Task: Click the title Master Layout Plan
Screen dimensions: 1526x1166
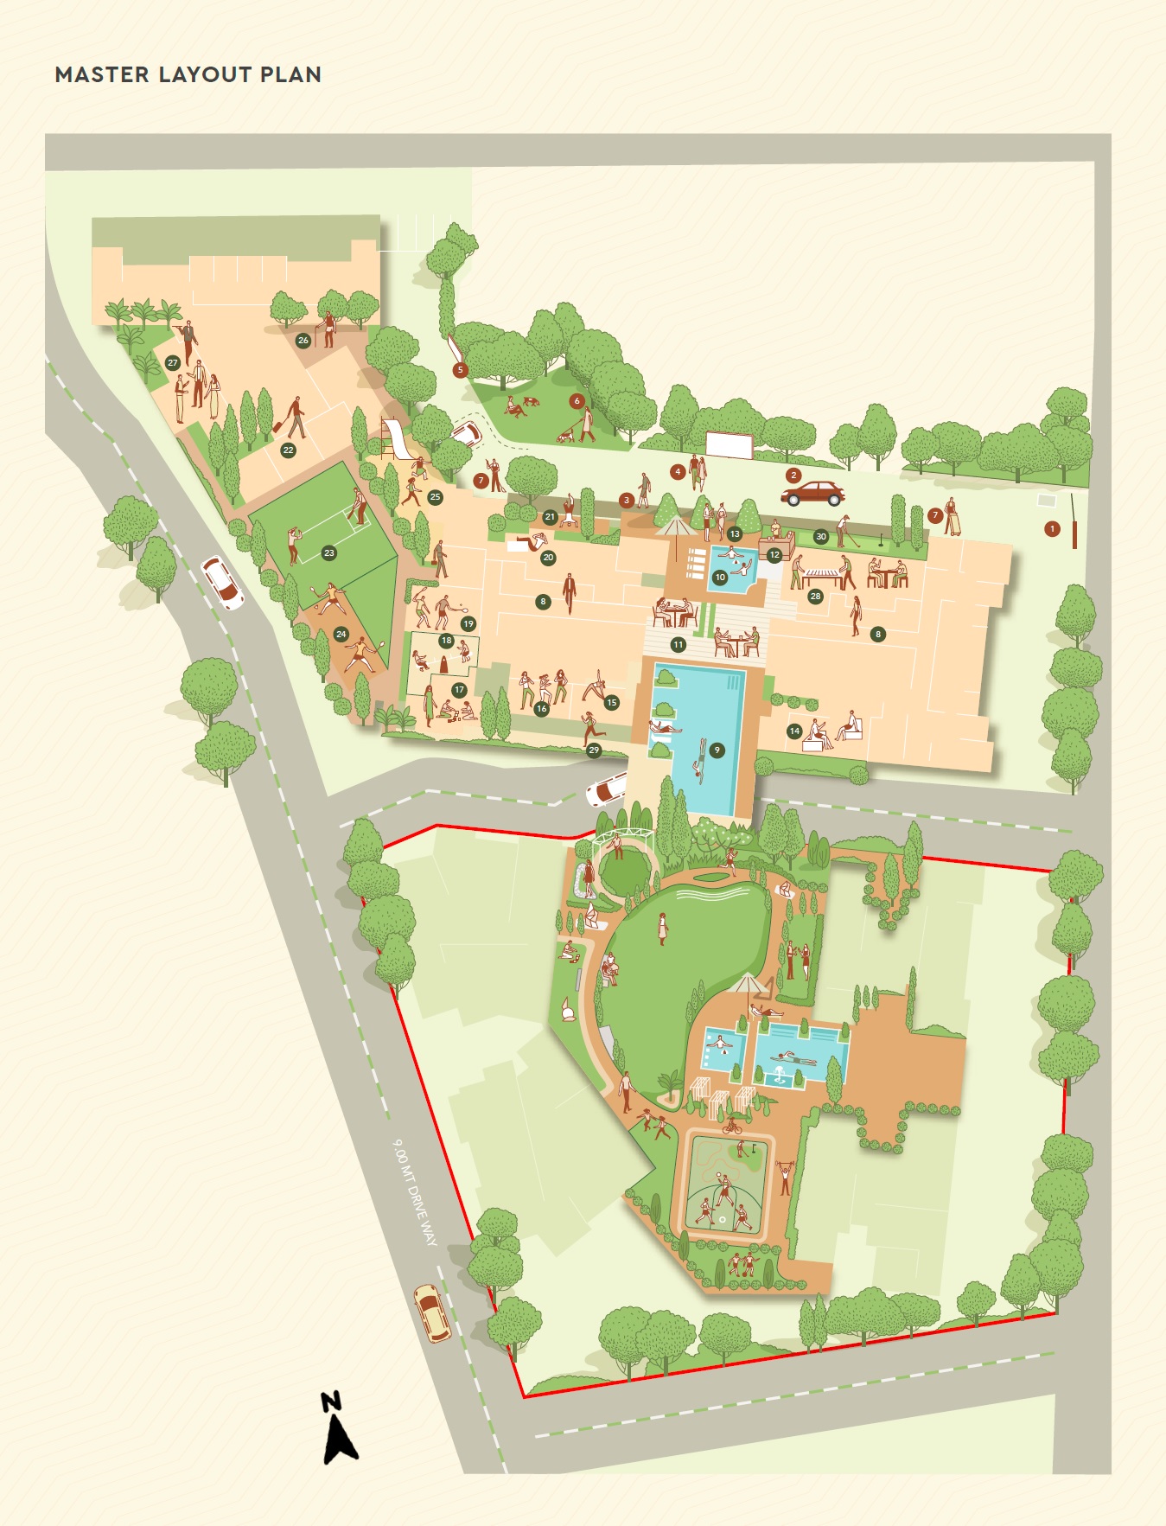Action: (x=188, y=75)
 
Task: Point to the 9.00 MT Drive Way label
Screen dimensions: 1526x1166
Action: (x=415, y=1192)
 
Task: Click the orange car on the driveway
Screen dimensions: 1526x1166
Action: (x=431, y=1312)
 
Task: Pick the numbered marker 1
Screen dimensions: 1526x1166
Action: (x=1052, y=528)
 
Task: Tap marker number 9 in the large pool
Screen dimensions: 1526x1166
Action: (x=717, y=750)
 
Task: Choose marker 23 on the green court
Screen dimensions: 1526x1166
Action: (x=328, y=553)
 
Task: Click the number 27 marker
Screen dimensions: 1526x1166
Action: (x=173, y=363)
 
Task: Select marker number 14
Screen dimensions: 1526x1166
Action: (x=794, y=731)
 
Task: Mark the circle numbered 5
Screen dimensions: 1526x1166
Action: (x=460, y=370)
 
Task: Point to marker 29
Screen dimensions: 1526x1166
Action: (x=594, y=750)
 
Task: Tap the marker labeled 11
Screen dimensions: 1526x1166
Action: (x=678, y=645)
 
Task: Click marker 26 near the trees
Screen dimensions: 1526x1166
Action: (x=303, y=341)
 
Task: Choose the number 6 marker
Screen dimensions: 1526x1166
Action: (x=577, y=401)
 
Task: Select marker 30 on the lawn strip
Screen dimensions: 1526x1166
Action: (x=821, y=537)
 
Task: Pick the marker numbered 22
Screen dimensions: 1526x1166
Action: (x=288, y=450)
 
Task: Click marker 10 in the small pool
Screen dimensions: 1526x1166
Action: (x=720, y=578)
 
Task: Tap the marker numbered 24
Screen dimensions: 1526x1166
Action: (x=341, y=635)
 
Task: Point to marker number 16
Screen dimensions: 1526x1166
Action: (x=541, y=709)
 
